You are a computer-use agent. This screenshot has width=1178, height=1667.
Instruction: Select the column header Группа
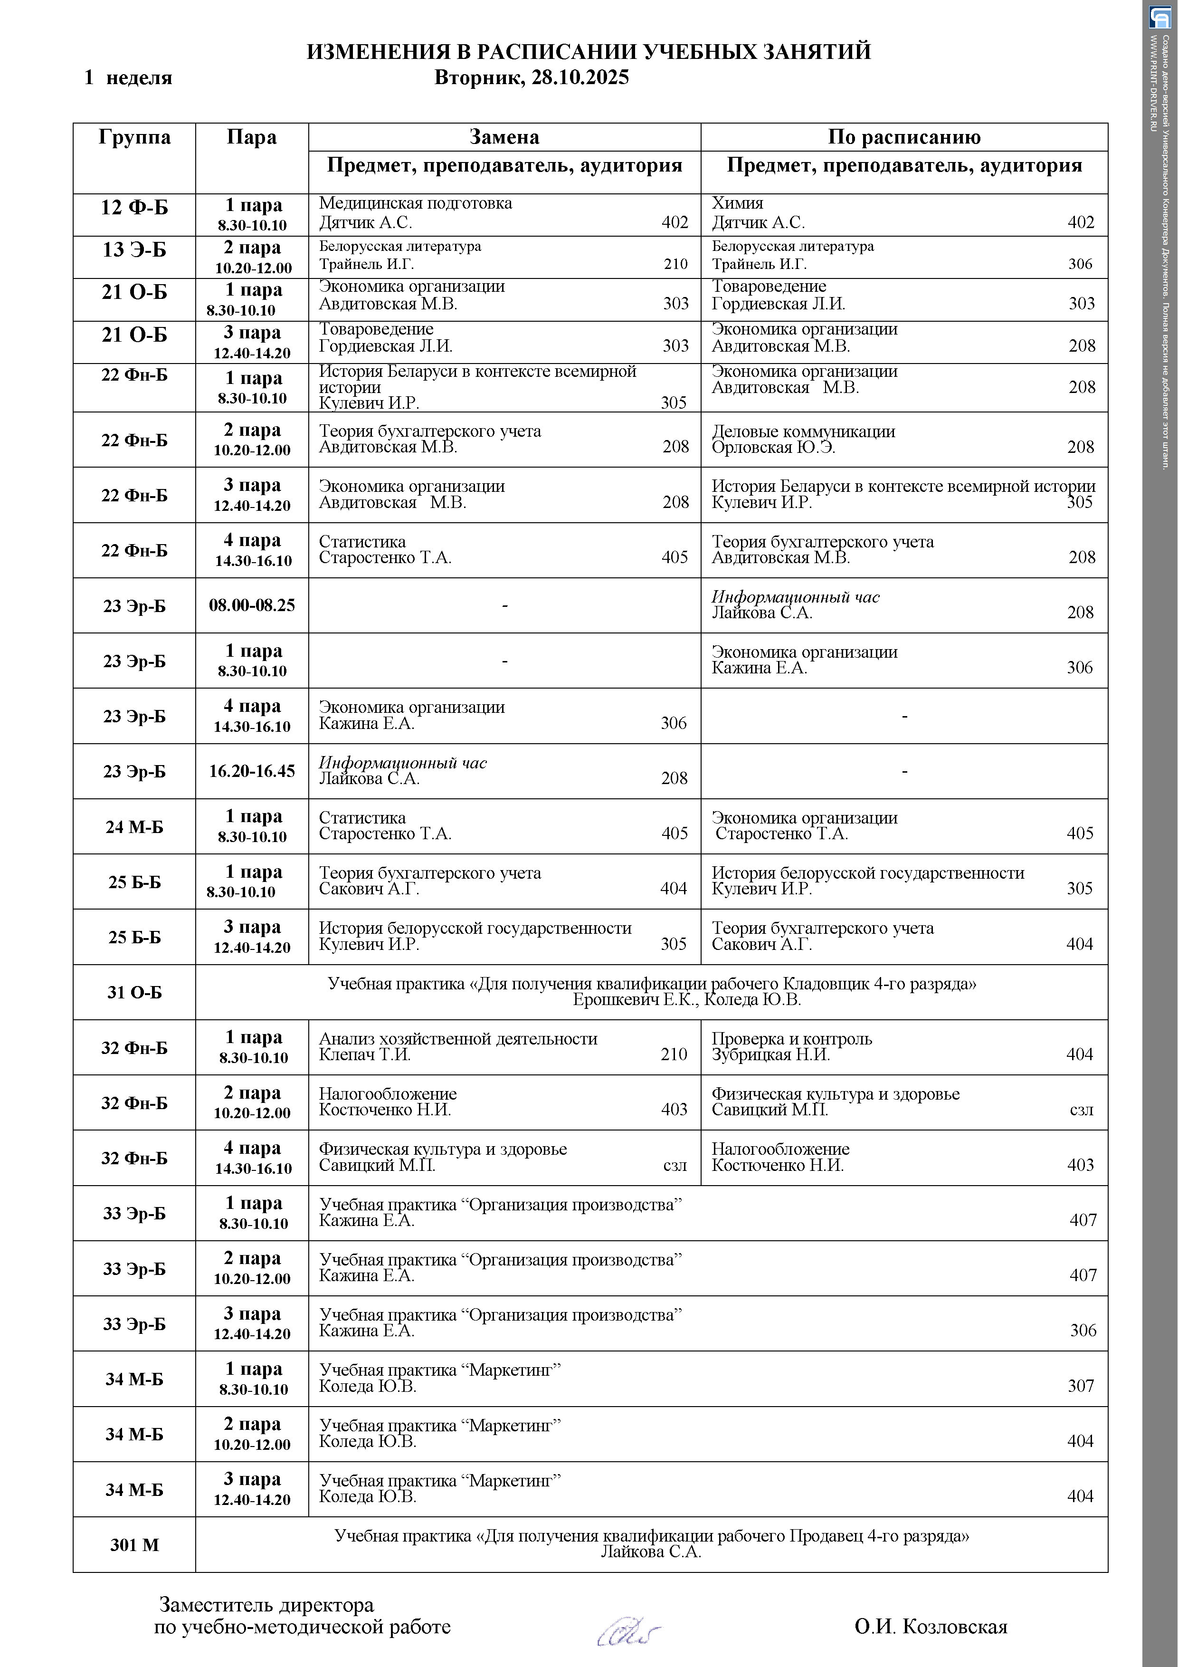tap(134, 137)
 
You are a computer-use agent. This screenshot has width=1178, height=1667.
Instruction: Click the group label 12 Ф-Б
tap(134, 208)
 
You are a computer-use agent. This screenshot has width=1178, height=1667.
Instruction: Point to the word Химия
tap(737, 203)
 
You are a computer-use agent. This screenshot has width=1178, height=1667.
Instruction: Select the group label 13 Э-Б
tap(134, 250)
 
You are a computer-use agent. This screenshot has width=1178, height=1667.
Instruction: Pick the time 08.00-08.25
tap(252, 605)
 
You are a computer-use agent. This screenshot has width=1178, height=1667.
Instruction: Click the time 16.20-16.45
tap(252, 771)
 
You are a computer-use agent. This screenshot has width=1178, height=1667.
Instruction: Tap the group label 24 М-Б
tap(134, 827)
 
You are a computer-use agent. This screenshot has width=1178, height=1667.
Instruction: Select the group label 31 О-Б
tap(134, 993)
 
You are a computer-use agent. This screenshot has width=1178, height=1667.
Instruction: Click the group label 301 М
tap(134, 1545)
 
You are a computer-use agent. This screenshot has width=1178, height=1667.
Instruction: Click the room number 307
tap(1080, 1386)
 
